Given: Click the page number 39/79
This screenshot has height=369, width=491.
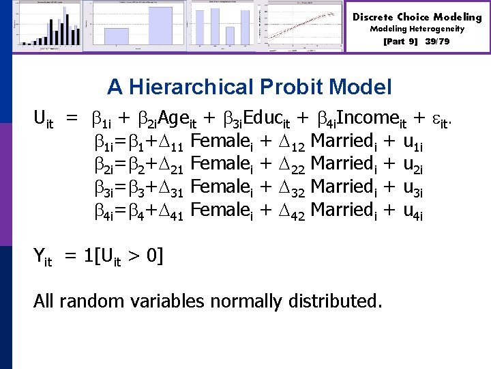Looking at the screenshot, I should coord(437,42).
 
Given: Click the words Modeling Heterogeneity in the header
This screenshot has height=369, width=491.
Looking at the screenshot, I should coord(417,29).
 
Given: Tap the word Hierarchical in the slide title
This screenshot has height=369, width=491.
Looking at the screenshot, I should coord(210,87).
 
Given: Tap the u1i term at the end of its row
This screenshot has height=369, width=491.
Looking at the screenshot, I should coord(413,143).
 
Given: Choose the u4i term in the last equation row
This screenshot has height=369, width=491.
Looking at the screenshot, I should coord(413,213).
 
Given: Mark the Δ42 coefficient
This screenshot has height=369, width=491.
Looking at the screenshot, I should coord(291,213).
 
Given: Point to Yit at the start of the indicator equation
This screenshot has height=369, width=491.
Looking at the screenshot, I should coord(43,258).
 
